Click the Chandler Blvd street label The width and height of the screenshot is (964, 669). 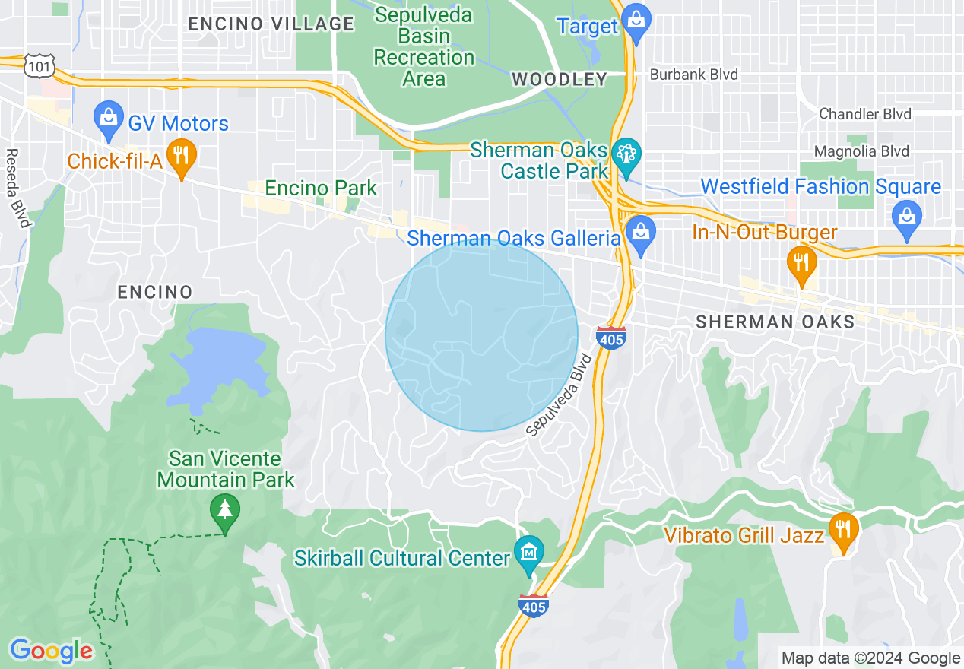pyautogui.click(x=865, y=114)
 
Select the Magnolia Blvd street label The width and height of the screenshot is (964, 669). pyautogui.click(x=861, y=151)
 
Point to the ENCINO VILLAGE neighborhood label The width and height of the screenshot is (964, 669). pyautogui.click(x=271, y=24)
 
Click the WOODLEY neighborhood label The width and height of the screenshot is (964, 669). pyautogui.click(x=560, y=79)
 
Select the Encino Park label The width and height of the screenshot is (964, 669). pyautogui.click(x=321, y=188)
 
